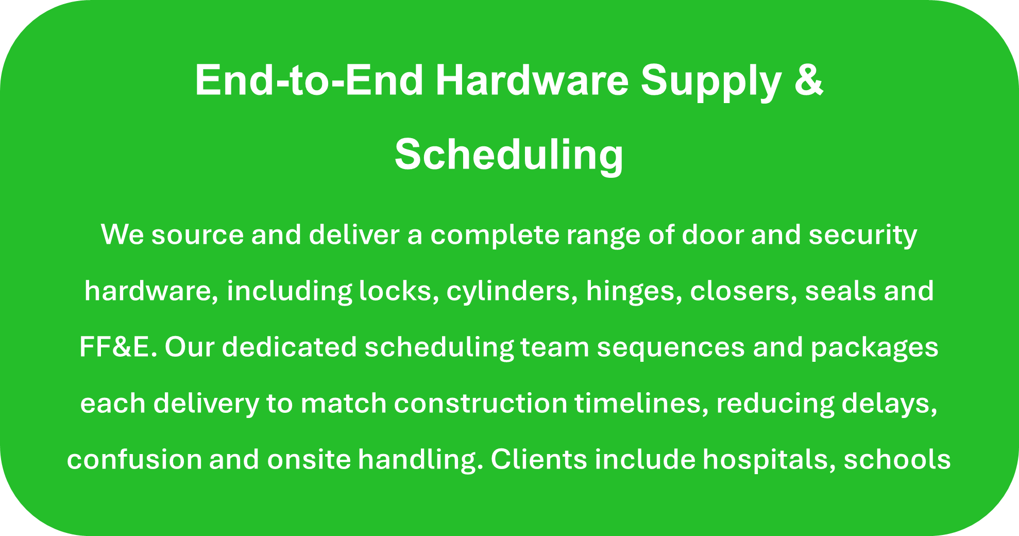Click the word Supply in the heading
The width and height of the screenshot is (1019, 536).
(x=711, y=81)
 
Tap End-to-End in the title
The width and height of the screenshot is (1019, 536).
(x=309, y=80)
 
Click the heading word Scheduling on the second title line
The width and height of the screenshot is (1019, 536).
(x=509, y=155)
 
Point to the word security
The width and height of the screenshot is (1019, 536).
(x=863, y=235)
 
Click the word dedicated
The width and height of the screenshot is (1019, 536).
(x=290, y=347)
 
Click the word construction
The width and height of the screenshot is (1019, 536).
(x=481, y=404)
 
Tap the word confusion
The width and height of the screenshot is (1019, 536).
(x=134, y=459)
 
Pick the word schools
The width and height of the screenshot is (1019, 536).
(x=897, y=459)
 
